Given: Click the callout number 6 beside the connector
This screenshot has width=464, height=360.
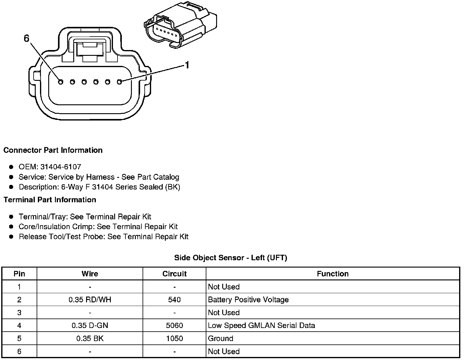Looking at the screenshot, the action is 26,38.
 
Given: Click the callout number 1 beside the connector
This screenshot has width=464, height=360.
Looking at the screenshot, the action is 187,65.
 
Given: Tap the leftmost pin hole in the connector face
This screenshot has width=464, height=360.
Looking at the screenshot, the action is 60,82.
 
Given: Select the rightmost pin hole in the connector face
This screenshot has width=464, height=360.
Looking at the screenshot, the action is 120,82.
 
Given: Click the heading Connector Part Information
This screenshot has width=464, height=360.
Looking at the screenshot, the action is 53,150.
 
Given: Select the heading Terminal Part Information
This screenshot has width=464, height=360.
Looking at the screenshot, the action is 50,200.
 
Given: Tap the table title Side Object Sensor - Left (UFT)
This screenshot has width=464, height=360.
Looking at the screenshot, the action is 230,258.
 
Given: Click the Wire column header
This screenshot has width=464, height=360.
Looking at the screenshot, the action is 90,274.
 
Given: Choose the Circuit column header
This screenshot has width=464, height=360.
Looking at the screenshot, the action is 174,274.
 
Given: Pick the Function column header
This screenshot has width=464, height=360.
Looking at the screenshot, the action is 332,274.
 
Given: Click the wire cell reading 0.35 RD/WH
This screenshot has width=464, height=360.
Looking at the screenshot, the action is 90,300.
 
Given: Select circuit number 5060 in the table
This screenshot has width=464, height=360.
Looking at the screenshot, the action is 174,326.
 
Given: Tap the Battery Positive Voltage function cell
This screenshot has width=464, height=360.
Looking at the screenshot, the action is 248,300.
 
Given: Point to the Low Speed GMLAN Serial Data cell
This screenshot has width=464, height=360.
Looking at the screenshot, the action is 261,326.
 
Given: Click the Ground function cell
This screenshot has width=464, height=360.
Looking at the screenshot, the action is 220,338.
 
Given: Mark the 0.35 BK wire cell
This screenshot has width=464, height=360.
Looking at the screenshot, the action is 90,338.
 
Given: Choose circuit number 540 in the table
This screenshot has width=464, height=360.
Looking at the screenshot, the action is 174,300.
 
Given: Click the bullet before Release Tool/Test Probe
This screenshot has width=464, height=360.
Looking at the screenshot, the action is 11,236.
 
